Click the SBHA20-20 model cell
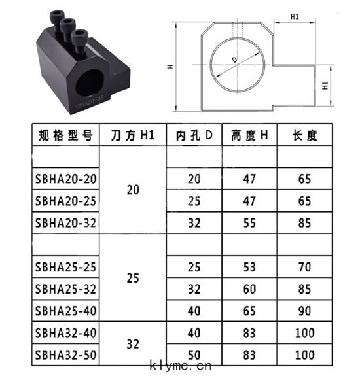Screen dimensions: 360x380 (65, 179)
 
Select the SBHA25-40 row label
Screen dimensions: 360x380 (65, 311)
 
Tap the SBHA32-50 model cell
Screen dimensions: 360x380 (65, 355)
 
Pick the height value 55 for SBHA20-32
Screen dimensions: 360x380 (249, 223)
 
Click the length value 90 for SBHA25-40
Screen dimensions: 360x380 (304, 311)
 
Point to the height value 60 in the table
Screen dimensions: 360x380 (249, 289)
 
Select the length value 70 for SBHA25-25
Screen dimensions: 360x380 (304, 267)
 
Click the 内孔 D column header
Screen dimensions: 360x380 (194, 135)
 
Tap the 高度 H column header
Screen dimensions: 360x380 (249, 135)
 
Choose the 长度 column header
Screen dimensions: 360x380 (304, 135)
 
